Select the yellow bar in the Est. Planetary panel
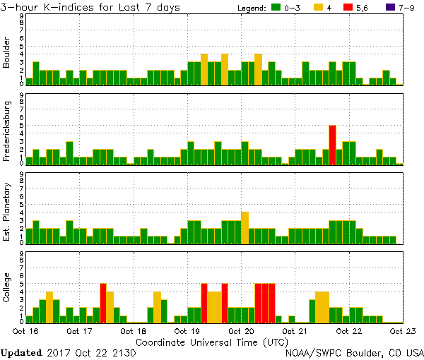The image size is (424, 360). (245, 227)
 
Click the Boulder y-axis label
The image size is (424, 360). (7, 53)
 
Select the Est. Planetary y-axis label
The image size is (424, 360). (7, 211)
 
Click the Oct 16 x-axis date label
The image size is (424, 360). (25, 330)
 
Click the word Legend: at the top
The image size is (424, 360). (252, 8)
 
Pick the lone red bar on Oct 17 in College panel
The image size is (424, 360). (103, 302)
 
